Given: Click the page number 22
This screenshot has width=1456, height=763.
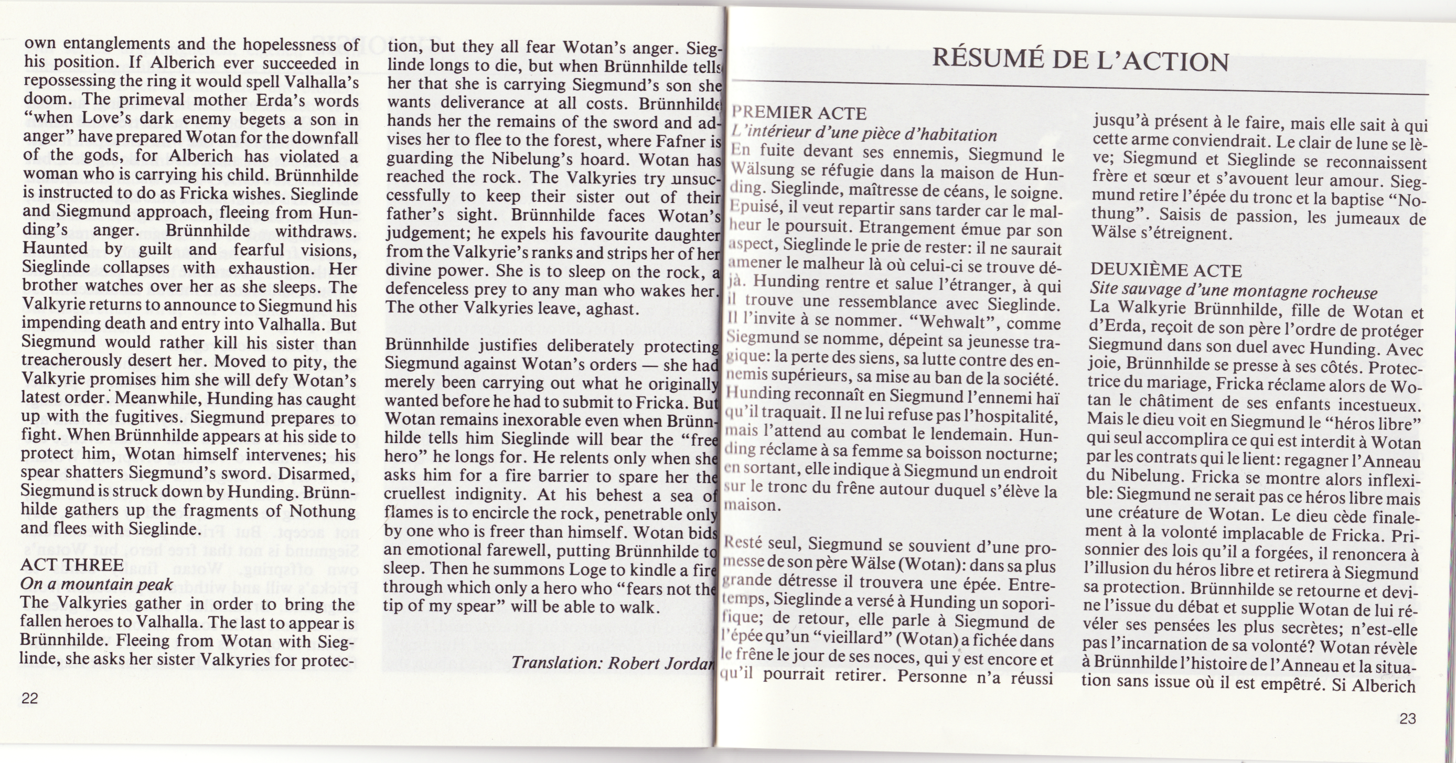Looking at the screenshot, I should [29, 698].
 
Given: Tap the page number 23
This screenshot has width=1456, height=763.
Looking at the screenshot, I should [1407, 718].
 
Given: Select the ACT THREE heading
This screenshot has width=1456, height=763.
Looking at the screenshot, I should [72, 565].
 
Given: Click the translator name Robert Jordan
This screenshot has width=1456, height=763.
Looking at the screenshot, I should [661, 662].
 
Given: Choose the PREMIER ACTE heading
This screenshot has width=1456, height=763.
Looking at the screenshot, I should [799, 113].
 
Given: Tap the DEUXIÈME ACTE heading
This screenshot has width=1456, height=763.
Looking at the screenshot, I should [1166, 271].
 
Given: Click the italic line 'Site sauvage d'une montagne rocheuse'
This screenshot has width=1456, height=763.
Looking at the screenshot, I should [1233, 292].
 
